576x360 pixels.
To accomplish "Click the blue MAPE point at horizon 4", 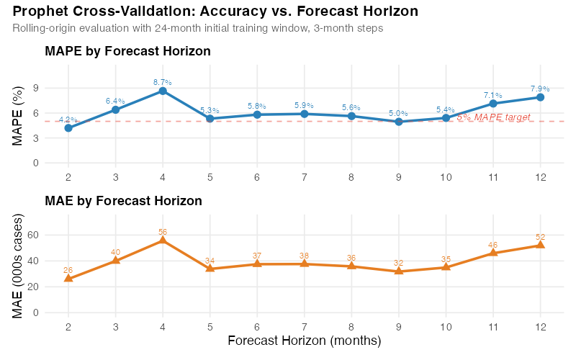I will coord(163,91).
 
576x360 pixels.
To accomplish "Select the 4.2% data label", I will coord(68,120).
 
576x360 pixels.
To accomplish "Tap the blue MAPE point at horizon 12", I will coord(540,97).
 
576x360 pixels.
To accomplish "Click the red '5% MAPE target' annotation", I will coord(493,117).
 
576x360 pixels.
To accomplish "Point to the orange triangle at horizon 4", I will coord(163,240).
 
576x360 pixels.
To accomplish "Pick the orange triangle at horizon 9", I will coord(399,271).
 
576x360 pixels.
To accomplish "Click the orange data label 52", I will coord(540,237).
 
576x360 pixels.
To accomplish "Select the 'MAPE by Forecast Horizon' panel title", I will coord(127,52).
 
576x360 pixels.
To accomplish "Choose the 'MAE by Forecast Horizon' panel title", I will coord(123,201).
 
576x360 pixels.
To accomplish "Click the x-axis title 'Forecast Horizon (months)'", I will coord(304,340).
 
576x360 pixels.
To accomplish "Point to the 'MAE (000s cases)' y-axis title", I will coord(19,266).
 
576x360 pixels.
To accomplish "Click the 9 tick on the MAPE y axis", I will coord(35,88).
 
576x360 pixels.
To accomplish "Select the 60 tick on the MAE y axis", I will coord(32,235).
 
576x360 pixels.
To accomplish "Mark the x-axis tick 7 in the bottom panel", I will coord(305,326).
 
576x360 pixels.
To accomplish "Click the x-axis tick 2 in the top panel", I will coord(68,176).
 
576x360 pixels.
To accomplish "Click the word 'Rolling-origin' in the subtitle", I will coord(45,28).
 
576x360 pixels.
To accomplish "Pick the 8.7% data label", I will coord(163,82).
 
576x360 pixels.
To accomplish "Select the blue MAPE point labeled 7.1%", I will coord(493,104).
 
